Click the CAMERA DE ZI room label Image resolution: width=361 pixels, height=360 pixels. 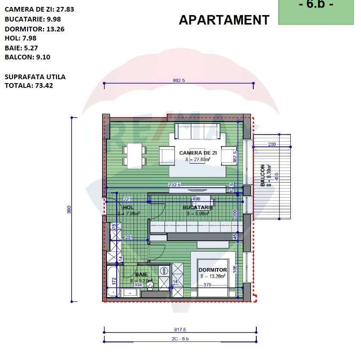pyautogui.click(x=198, y=153)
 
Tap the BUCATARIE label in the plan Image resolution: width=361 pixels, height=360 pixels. pyautogui.click(x=198, y=208)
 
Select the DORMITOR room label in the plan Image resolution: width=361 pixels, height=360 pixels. pyautogui.click(x=213, y=270)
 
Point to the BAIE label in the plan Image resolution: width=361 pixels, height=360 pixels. pyautogui.click(x=141, y=274)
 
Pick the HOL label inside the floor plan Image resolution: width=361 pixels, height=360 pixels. pyautogui.click(x=128, y=208)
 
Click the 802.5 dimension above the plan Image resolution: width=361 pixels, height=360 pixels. pyautogui.click(x=178, y=80)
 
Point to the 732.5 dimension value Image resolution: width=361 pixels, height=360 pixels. pyautogui.click(x=174, y=185)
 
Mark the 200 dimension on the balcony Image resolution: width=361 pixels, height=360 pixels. pyautogui.click(x=271, y=145)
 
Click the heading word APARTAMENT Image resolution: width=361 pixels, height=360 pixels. pyautogui.click(x=224, y=20)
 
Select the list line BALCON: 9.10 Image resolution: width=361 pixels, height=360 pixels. pyautogui.click(x=28, y=57)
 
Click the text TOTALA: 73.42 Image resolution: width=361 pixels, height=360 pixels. pyautogui.click(x=29, y=85)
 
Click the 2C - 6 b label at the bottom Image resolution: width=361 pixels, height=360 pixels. pyautogui.click(x=180, y=339)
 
